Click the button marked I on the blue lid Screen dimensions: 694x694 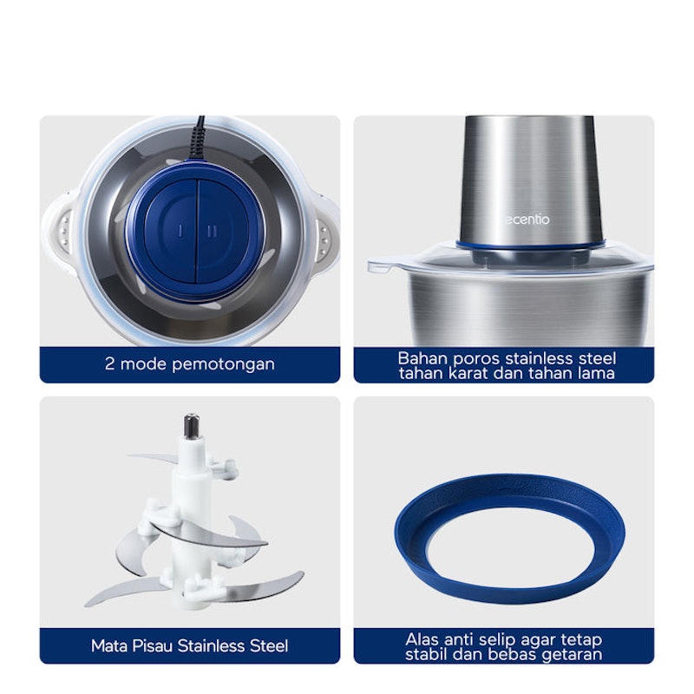(x=172, y=231)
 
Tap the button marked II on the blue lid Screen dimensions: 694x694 (x=220, y=231)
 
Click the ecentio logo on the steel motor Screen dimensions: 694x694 (x=527, y=219)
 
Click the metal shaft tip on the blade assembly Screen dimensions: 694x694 (x=192, y=426)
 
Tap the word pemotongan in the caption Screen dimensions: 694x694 (x=223, y=364)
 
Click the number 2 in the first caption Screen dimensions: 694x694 (x=110, y=363)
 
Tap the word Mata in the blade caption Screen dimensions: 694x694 (x=109, y=645)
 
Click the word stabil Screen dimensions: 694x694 (x=426, y=654)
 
